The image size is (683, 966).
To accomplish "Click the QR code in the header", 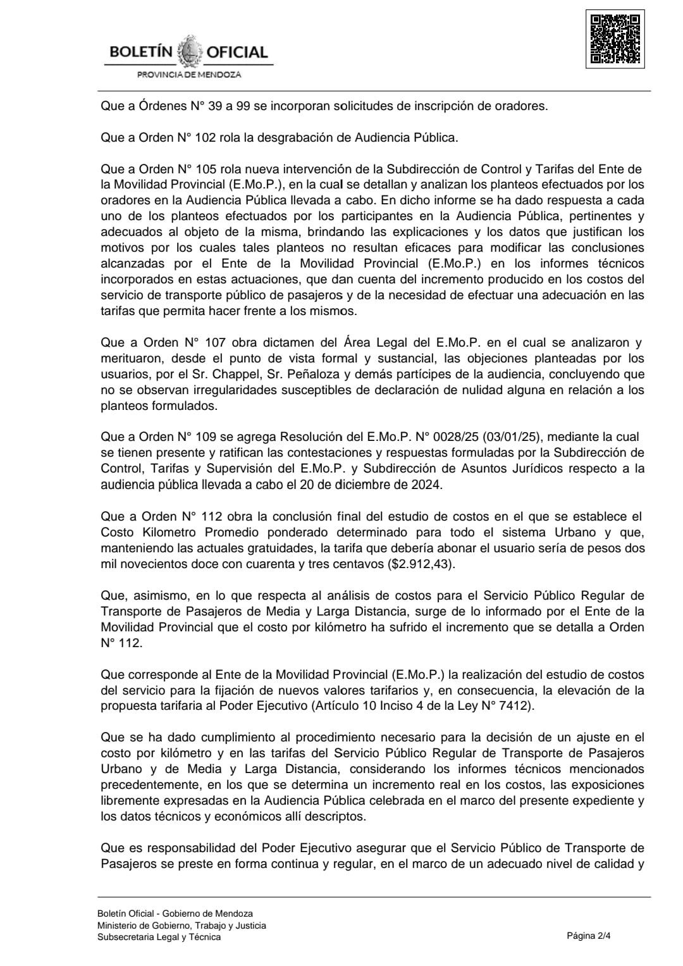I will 615,39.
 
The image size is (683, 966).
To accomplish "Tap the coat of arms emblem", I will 189,52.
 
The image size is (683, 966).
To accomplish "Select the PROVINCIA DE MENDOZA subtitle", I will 189,75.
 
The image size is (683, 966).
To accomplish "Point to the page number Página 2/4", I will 589,936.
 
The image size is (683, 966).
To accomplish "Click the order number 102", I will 206,137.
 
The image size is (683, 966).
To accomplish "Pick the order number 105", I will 206,169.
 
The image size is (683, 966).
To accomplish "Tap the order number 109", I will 206,437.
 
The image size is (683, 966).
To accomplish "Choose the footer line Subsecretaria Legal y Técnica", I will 159,937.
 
